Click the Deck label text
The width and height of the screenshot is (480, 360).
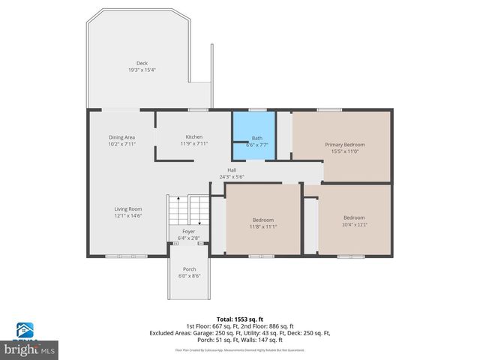coord(142,63)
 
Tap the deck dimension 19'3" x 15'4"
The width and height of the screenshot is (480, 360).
coord(142,70)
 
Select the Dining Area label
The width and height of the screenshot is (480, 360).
coord(121,137)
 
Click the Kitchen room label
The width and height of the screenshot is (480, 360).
coord(194,136)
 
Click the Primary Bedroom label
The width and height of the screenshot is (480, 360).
coord(345,144)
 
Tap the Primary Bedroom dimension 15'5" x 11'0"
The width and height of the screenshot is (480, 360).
coord(345,151)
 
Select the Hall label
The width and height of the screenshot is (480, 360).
coord(232,170)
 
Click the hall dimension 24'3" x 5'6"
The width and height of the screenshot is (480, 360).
coord(232,177)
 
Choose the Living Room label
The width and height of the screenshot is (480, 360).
coord(127,209)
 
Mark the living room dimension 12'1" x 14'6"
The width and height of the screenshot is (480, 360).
coord(127,216)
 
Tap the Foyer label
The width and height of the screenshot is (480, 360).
coord(188,232)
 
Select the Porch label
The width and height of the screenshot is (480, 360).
coord(188,269)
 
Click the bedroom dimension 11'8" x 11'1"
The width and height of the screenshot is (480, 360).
coord(263,226)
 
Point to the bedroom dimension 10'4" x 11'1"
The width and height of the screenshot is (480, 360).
coord(354,224)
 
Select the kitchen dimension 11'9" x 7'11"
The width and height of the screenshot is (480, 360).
coord(194,143)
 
